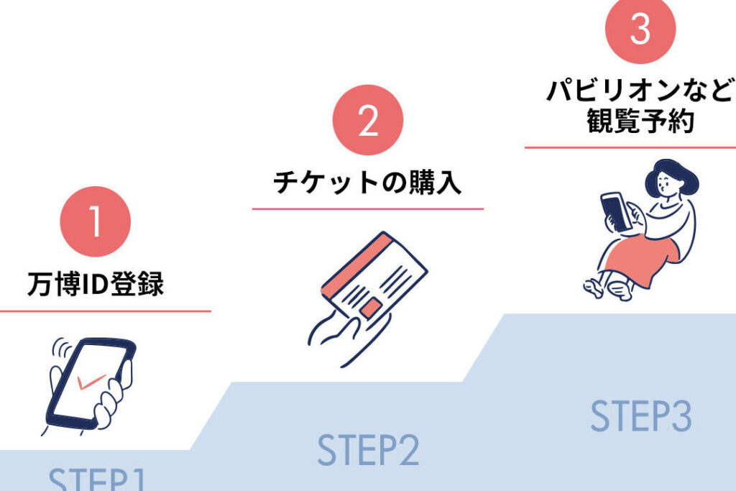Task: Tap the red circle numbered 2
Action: (x=367, y=120)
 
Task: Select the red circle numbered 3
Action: (x=640, y=29)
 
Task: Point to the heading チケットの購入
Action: (x=367, y=183)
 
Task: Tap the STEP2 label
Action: (x=367, y=451)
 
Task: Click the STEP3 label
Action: (x=640, y=416)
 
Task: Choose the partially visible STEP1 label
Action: (x=96, y=479)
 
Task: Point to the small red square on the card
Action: (x=371, y=309)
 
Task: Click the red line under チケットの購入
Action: (x=367, y=209)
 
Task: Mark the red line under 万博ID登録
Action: (x=105, y=311)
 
